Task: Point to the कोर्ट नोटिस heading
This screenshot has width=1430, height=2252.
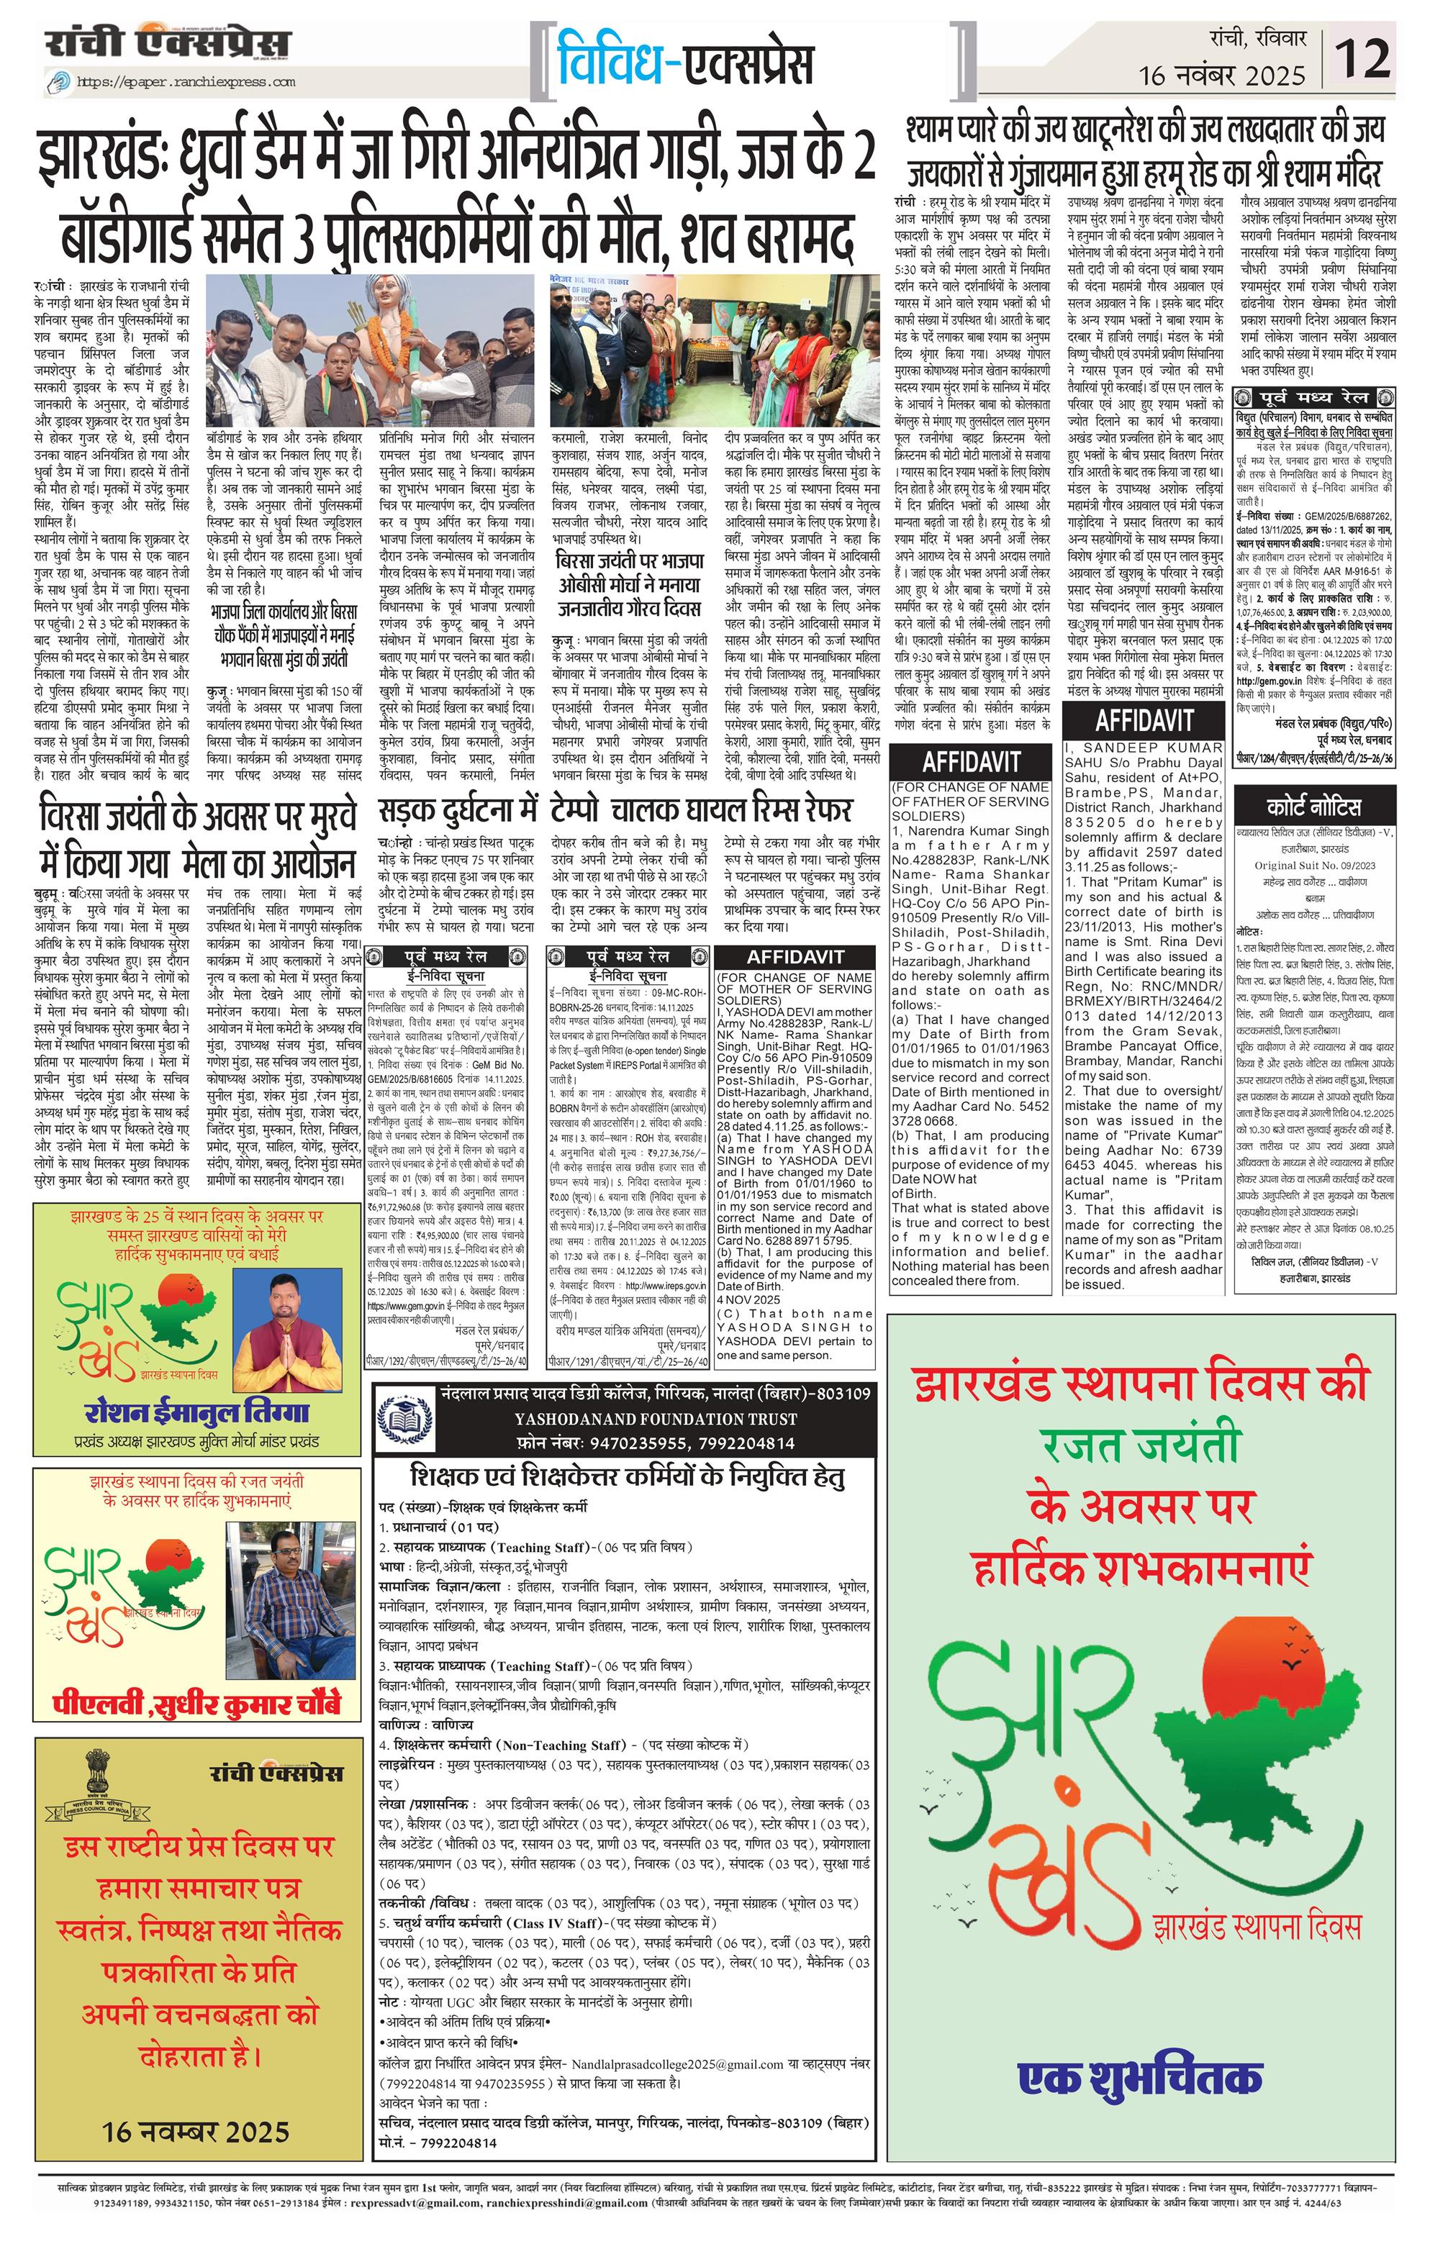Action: click(1313, 807)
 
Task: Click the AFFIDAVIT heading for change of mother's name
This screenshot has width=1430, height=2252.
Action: click(795, 957)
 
